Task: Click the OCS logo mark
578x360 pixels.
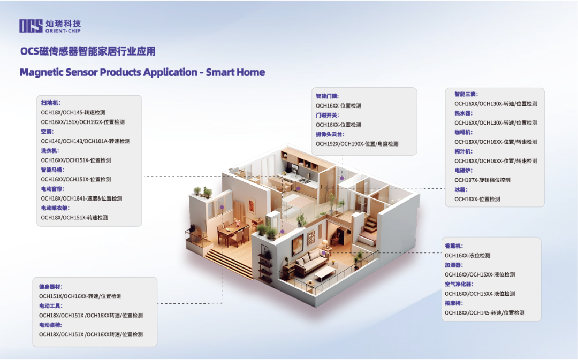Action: [31, 26]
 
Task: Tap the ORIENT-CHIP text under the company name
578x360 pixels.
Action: [63, 31]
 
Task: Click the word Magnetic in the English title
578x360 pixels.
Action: [41, 72]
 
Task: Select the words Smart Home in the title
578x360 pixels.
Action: [235, 72]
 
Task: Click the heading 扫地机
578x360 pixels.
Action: [50, 103]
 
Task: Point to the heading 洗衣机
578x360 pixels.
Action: [50, 151]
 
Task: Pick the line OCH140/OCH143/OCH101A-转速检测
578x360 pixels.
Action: [85, 141]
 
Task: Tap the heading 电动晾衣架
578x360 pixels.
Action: [55, 208]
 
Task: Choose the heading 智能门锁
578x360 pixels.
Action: [327, 96]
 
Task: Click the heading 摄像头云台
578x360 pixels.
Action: [330, 134]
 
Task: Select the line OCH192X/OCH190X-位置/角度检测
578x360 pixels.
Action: [357, 144]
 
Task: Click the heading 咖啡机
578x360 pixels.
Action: [463, 132]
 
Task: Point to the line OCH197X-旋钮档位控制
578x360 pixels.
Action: [482, 180]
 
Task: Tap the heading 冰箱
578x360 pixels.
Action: [461, 190]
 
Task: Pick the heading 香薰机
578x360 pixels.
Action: [454, 246]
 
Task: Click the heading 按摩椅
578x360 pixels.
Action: [454, 303]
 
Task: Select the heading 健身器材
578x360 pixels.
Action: [50, 287]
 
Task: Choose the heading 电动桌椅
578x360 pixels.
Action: [50, 325]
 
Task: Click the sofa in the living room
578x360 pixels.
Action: [311, 261]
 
